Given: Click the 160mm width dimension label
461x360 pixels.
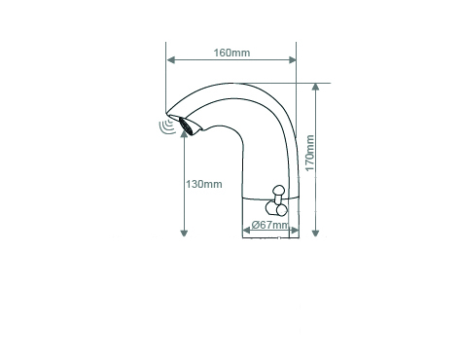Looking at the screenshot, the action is pos(231,53).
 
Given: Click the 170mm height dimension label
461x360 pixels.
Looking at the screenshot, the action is pos(310,153).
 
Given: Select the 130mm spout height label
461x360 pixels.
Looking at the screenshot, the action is pos(204,184).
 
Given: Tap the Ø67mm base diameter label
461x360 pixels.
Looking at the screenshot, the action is pos(269,225).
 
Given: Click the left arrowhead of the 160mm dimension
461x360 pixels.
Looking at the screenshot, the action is pos(171,60).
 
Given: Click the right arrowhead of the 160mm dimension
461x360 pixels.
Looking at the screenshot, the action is pos(292,60).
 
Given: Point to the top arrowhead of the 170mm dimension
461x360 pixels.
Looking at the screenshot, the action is pos(315,88).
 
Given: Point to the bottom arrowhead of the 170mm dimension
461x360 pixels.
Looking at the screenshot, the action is pos(315,233).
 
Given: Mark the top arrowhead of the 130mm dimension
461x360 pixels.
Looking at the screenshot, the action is pos(184,133).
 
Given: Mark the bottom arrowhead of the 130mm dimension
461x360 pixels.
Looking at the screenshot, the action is pos(184,233).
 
